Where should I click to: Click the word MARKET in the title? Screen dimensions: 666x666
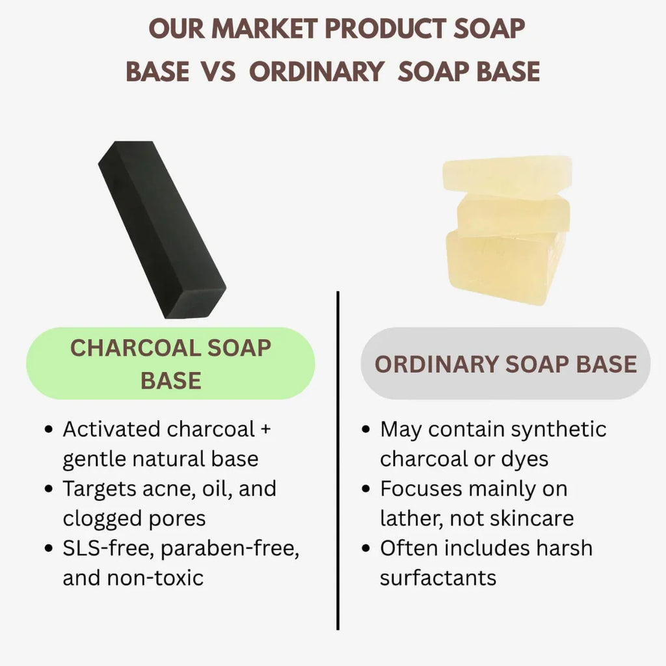264,29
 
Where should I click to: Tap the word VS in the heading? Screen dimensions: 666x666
219,71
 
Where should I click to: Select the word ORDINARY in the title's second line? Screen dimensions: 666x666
317,71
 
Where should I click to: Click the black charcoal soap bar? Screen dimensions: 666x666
162,230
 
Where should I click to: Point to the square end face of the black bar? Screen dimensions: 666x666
194,302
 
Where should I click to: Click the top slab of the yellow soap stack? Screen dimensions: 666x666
507,176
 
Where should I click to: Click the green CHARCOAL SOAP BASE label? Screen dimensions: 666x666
170,364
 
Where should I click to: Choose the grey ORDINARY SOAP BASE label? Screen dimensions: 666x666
505,364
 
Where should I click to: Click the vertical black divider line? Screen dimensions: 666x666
338,460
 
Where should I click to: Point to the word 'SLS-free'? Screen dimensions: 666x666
109,548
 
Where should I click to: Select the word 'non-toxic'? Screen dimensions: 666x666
155,578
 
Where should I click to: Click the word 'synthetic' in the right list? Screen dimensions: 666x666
559,430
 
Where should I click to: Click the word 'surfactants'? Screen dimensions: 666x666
438,578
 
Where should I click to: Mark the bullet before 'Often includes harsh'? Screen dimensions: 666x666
366,548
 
